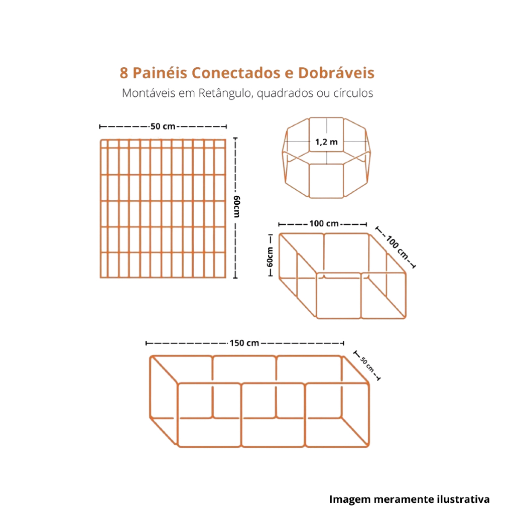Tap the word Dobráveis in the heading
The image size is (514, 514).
pyautogui.click(x=336, y=73)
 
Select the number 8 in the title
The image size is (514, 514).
pyautogui.click(x=123, y=73)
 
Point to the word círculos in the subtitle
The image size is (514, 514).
pyautogui.click(x=353, y=93)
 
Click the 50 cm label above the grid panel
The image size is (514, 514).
pyautogui.click(x=163, y=126)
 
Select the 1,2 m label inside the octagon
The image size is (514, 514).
pyautogui.click(x=326, y=142)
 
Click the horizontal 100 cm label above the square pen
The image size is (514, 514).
pyautogui.click(x=324, y=223)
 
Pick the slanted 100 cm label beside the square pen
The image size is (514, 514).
pyautogui.click(x=398, y=247)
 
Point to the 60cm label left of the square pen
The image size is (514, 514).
pyautogui.click(x=270, y=257)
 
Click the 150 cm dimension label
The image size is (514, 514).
pyautogui.click(x=244, y=343)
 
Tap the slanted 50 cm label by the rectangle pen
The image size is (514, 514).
pyautogui.click(x=367, y=364)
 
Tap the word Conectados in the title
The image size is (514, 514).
pyautogui.click(x=236, y=73)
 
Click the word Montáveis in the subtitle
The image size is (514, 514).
pyautogui.click(x=149, y=93)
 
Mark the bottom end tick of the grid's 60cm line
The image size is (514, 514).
pyautogui.click(x=235, y=278)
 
